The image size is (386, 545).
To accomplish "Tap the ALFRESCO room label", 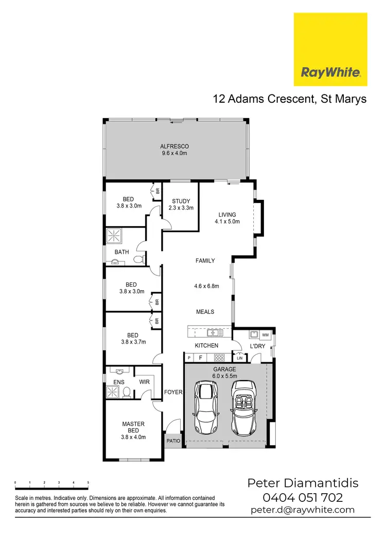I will (174, 150).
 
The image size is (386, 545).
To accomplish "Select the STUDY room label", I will (181, 204).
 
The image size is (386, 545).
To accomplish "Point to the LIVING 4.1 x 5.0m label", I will (227, 218).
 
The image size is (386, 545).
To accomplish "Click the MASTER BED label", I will (133, 430).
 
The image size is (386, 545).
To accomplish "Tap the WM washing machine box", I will (266, 335).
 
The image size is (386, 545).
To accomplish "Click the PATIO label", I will (173, 440).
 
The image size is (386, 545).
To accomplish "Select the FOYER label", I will (173, 392).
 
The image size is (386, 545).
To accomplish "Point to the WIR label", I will (144, 382).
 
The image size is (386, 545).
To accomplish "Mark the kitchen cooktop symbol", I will (219, 358).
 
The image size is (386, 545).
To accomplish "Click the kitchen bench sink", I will (215, 332).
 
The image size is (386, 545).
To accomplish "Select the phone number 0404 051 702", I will (303, 497).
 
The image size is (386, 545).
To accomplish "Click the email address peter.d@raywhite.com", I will (303, 510).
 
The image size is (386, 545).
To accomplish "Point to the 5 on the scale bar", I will (88, 483).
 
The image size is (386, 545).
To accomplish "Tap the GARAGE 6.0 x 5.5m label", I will (225, 372).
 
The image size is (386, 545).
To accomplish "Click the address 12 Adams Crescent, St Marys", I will (290, 99).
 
